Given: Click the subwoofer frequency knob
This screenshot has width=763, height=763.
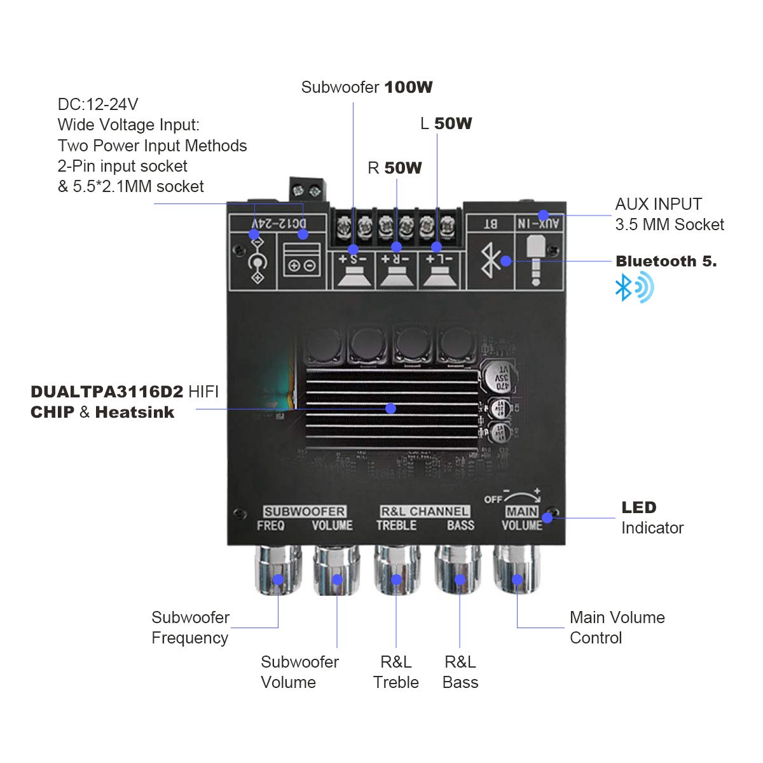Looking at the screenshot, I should click(278, 570).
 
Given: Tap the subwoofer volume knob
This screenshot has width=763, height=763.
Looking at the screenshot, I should click(337, 570).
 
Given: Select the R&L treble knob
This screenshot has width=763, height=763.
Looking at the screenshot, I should click(396, 570).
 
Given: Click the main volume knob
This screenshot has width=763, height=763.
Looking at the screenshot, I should click(518, 570).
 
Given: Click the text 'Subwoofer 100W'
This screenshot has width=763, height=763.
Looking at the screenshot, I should click(367, 87).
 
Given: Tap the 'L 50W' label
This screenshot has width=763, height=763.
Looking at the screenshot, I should click(446, 123).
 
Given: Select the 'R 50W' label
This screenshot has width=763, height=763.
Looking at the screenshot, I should click(395, 168).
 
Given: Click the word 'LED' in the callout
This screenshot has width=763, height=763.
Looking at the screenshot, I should click(638, 507).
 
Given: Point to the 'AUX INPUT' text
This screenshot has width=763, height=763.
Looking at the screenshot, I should click(658, 204).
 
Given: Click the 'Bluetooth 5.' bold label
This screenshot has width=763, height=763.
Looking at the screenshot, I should click(666, 261).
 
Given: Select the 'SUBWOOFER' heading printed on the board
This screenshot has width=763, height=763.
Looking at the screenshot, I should click(305, 511).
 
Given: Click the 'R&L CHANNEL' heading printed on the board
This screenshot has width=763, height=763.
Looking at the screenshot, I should click(425, 511).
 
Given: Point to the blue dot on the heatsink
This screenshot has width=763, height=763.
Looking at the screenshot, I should click(391, 408).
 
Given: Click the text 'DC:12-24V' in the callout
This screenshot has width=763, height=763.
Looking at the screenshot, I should click(98, 104).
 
